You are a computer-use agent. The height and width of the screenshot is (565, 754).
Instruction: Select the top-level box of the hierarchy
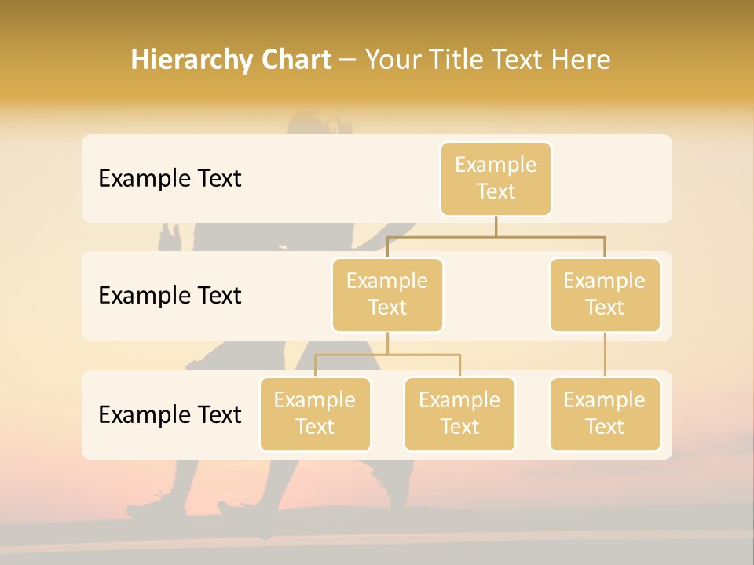(496, 179)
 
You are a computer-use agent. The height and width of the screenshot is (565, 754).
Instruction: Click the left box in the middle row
(387, 294)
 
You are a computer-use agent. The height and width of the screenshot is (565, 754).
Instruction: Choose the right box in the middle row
(605, 294)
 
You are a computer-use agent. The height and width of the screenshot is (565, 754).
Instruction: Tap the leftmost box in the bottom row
(315, 414)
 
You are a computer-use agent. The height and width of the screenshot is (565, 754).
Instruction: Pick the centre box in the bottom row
(459, 414)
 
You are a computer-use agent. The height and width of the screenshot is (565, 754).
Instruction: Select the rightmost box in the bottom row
(605, 414)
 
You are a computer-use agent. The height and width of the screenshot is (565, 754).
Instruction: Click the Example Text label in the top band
(170, 179)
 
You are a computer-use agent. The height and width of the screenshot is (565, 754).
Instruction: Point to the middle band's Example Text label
(170, 295)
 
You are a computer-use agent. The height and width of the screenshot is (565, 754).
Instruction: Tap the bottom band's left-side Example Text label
(170, 414)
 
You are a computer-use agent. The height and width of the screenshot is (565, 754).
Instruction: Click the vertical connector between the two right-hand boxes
(605, 355)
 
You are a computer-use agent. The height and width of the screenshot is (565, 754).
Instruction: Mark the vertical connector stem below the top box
(496, 226)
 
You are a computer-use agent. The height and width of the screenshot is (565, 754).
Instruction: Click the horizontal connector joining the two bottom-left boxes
(387, 355)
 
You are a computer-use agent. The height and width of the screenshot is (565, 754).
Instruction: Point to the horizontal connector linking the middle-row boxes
(496, 236)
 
